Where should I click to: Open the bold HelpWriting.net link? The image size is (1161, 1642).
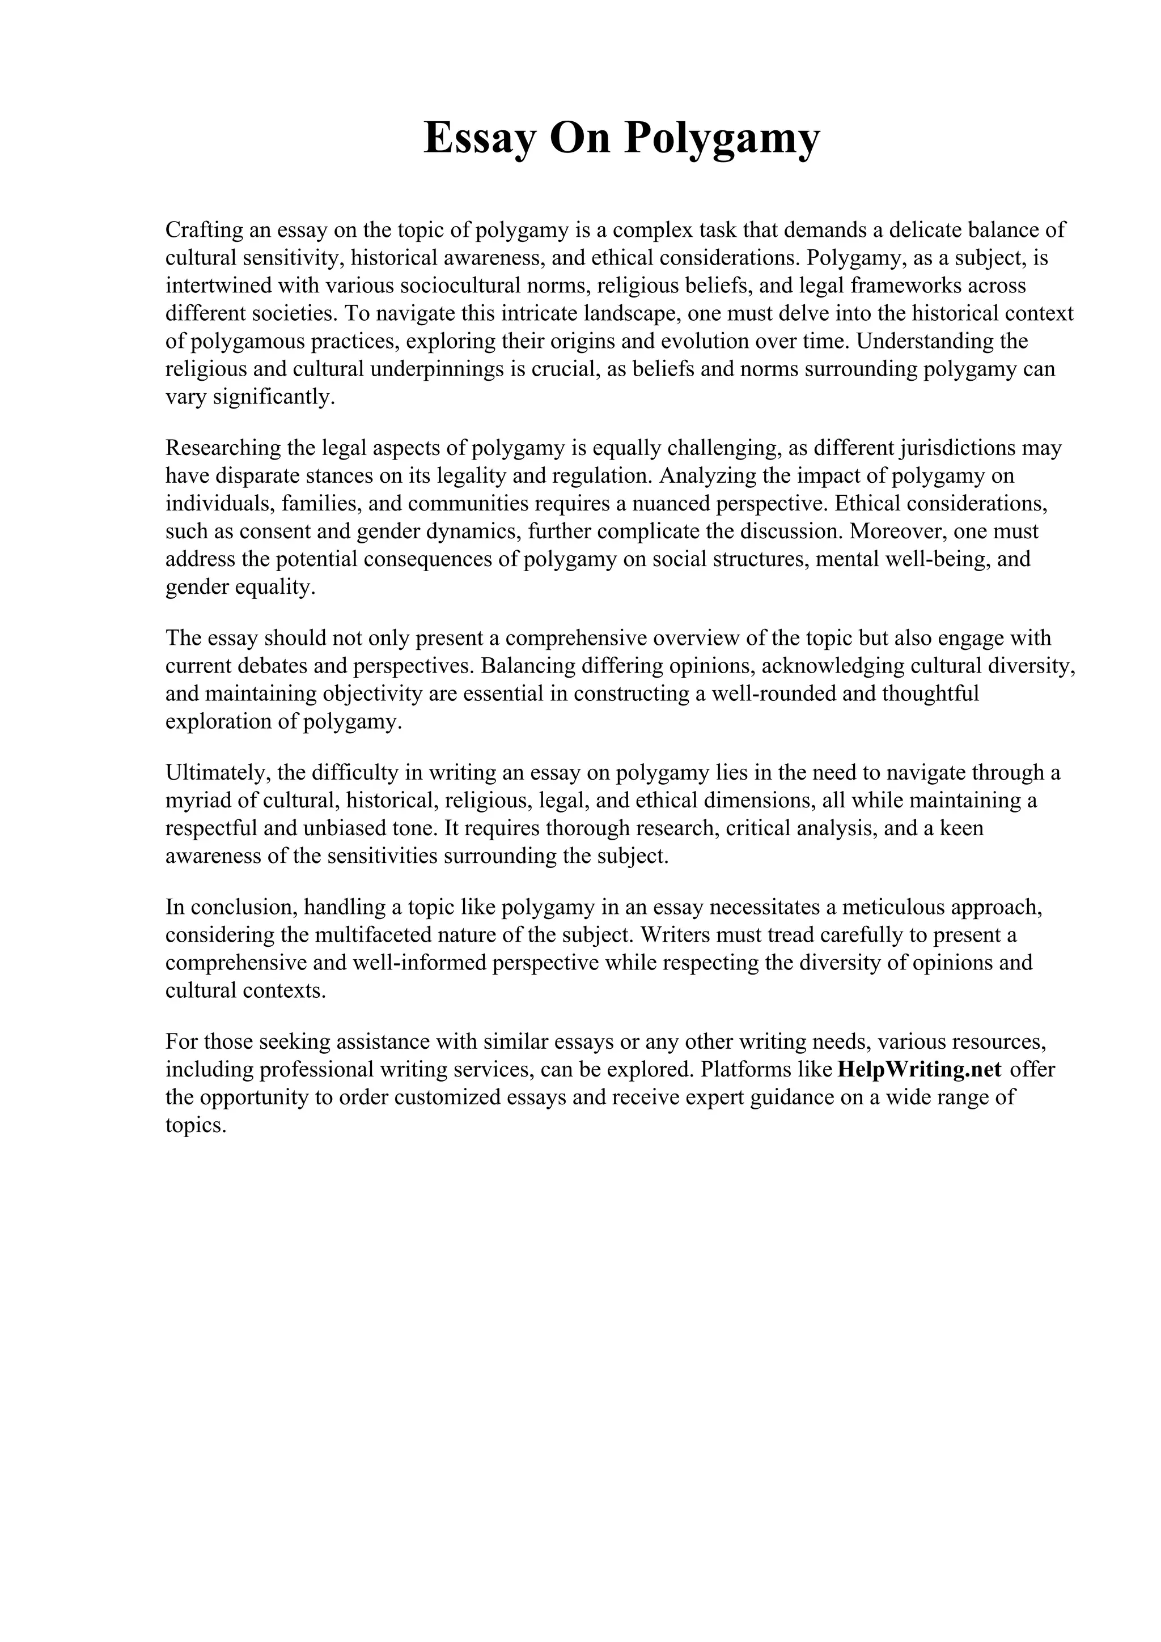tap(918, 1070)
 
